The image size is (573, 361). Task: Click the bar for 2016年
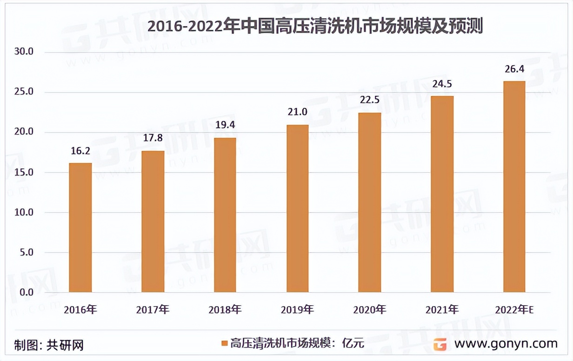[x=80, y=228]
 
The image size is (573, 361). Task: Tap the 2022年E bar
[x=514, y=187]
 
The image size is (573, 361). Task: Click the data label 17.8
[x=153, y=138]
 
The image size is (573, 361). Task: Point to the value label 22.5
[x=370, y=100]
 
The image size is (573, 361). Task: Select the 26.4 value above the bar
[x=514, y=69]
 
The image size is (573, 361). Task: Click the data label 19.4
[x=225, y=125]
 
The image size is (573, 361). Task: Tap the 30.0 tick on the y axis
[x=24, y=52]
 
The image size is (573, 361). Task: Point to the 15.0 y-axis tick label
[x=24, y=172]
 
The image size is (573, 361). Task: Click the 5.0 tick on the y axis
[x=26, y=253]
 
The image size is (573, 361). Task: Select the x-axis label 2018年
[x=225, y=309]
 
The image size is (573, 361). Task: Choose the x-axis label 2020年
[x=369, y=309]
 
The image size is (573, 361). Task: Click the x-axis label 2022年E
[x=514, y=309]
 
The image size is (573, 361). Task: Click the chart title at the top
[x=315, y=27]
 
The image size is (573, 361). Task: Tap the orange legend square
[x=224, y=344]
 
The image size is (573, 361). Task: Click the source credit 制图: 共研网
[x=48, y=345]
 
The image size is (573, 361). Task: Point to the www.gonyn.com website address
[x=506, y=344]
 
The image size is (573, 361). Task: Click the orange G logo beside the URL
[x=440, y=344]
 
